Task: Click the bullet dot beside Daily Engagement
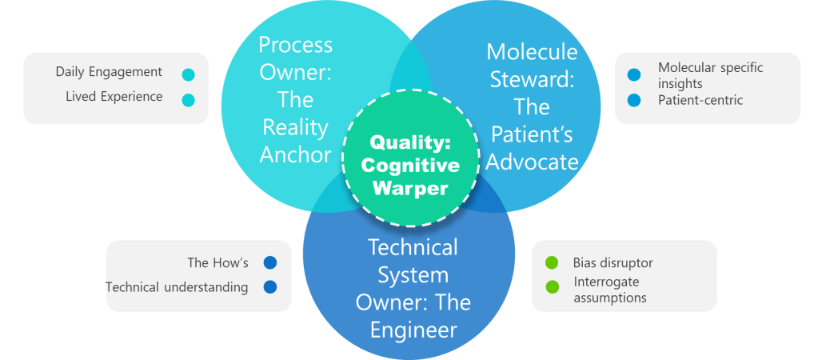[x=188, y=74]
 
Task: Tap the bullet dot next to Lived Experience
[x=188, y=100]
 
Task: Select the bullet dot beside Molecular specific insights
[x=634, y=75]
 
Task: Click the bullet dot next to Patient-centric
[x=634, y=101]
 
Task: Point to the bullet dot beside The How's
[x=270, y=262]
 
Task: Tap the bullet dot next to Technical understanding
[x=270, y=287]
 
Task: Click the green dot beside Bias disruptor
[x=551, y=262]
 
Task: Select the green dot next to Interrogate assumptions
[x=551, y=287]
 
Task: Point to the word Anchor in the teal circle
[x=295, y=154]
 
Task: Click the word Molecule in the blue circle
[x=532, y=52]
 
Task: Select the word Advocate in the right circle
[x=532, y=162]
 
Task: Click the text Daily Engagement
[x=109, y=72]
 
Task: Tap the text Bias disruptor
[x=613, y=262]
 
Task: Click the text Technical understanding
[x=177, y=287]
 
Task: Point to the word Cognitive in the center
[x=410, y=166]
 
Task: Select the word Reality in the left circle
[x=295, y=127]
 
